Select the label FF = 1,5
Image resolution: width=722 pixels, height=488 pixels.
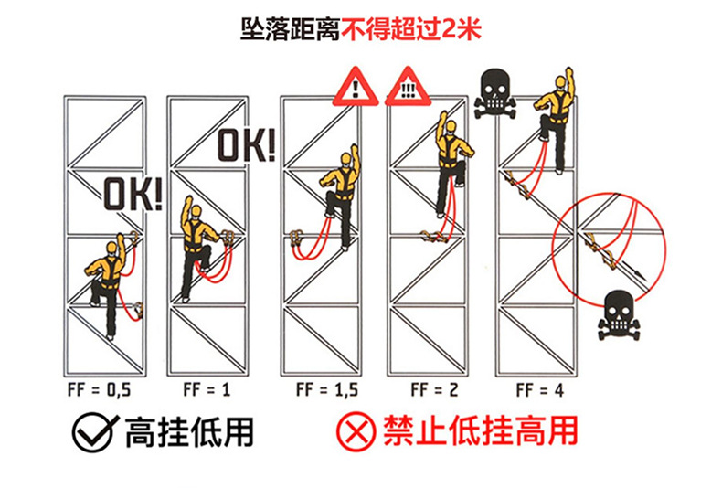[x=326, y=388]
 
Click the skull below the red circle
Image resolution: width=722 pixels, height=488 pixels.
[x=613, y=313]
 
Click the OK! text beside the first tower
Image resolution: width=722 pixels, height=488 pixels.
[x=132, y=195]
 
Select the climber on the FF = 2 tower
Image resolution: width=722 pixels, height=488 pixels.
[x=451, y=164]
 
